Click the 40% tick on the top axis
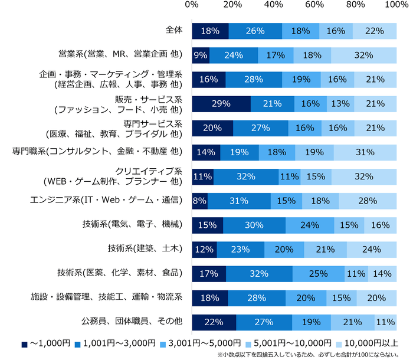tap(273, 5)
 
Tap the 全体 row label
tap(175, 30)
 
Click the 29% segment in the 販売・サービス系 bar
tap(221, 104)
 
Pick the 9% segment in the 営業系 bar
tap(201, 55)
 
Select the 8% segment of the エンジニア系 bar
tap(199, 201)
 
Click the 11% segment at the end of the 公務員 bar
tap(385, 322)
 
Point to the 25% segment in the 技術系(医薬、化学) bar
tap(318, 273)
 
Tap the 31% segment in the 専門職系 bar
tap(365, 152)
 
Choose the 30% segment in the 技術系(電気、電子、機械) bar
tap(254, 225)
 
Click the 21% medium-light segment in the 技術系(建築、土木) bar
tap(325, 249)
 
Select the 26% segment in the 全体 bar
tap(255, 31)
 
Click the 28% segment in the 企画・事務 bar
tap(253, 79)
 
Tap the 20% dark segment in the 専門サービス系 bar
tap(212, 128)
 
